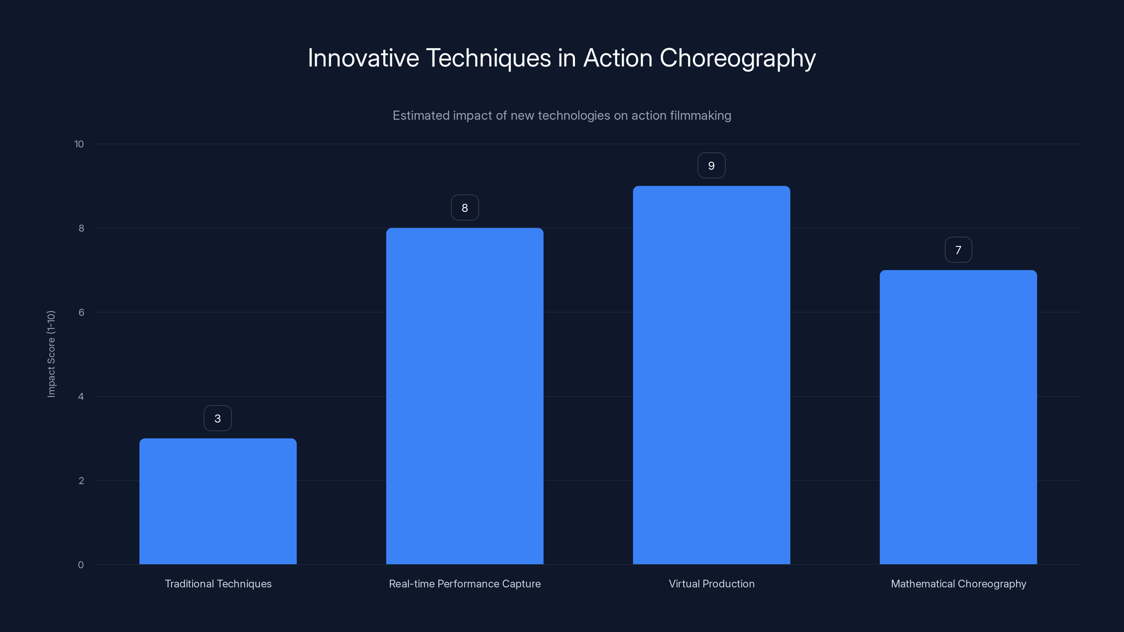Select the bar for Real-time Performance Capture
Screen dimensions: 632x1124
click(465, 396)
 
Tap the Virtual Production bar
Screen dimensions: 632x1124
click(711, 375)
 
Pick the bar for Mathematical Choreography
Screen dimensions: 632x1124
click(958, 417)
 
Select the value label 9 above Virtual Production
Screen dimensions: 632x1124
click(711, 166)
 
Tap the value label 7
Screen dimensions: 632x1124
click(958, 250)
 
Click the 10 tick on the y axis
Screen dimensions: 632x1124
click(79, 144)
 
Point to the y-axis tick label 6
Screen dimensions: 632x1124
click(81, 312)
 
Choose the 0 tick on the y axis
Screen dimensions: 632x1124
click(81, 565)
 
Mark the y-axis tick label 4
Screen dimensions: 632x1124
click(81, 396)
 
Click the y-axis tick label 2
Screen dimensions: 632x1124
click(81, 481)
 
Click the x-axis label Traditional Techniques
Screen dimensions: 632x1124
click(218, 584)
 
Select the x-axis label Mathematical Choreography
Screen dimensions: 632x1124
click(958, 584)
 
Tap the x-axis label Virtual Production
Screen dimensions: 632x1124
click(711, 584)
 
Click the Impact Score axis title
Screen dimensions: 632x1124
click(51, 354)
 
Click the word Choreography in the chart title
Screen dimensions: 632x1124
click(737, 58)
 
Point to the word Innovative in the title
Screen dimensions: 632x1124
click(363, 58)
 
